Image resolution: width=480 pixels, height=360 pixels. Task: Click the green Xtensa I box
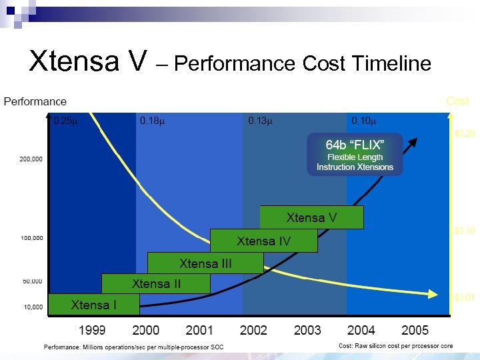(94, 305)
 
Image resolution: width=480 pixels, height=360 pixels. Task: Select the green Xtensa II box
(156, 283)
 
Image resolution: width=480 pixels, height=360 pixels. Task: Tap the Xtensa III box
(205, 263)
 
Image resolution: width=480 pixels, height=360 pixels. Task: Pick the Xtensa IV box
(264, 241)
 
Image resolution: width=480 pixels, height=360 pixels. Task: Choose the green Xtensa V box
(311, 217)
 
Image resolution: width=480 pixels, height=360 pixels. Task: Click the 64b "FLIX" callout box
(355, 155)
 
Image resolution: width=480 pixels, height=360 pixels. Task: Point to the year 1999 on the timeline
(92, 330)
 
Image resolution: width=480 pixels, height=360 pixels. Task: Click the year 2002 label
(253, 330)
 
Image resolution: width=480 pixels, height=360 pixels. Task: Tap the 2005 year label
(415, 330)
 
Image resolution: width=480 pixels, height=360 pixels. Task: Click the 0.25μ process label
(65, 121)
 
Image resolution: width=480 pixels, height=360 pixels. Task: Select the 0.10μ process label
(364, 121)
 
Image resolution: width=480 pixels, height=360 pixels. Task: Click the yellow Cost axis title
(457, 101)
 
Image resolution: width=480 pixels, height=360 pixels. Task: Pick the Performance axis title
(35, 101)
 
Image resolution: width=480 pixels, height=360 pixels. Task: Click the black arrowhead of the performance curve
(414, 141)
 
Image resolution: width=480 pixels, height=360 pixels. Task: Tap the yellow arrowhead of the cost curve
(435, 294)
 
